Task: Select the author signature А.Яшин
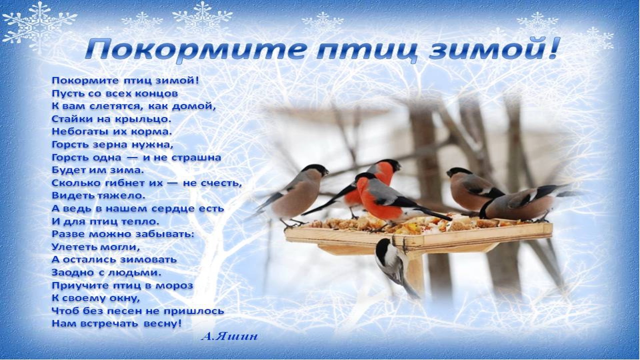click(x=229, y=336)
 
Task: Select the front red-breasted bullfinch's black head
click(x=365, y=176)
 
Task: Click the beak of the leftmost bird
click(x=326, y=172)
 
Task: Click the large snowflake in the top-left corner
click(x=39, y=25)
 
